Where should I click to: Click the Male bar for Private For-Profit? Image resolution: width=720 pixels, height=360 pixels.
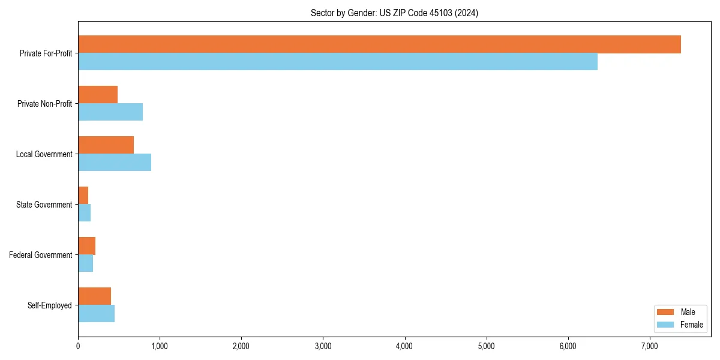tap(379, 44)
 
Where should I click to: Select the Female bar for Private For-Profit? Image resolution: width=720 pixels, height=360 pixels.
tap(338, 62)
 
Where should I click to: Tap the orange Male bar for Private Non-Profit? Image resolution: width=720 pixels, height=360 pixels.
tap(98, 95)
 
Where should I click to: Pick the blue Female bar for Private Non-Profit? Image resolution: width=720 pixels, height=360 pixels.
tap(110, 112)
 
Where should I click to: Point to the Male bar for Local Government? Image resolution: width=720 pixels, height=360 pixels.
tap(106, 145)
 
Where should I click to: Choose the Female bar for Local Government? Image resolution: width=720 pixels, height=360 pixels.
tap(115, 163)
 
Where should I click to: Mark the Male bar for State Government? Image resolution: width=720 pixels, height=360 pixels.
tap(83, 196)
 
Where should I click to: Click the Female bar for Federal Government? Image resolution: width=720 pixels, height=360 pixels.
tap(86, 263)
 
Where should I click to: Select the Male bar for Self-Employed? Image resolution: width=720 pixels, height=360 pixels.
tap(95, 296)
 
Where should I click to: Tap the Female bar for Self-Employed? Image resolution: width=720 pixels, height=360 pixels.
tap(96, 314)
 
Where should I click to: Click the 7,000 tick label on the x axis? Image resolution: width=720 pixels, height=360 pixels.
tap(650, 346)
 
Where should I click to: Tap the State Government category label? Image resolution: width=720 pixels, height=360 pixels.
tap(44, 205)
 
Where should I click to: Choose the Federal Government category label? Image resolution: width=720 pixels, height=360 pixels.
tap(41, 255)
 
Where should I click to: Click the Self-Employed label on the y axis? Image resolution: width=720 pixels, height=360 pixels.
tap(50, 305)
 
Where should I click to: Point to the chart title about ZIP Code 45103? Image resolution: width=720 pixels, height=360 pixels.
tap(394, 13)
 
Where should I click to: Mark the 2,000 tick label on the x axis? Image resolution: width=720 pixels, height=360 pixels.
tap(241, 346)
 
